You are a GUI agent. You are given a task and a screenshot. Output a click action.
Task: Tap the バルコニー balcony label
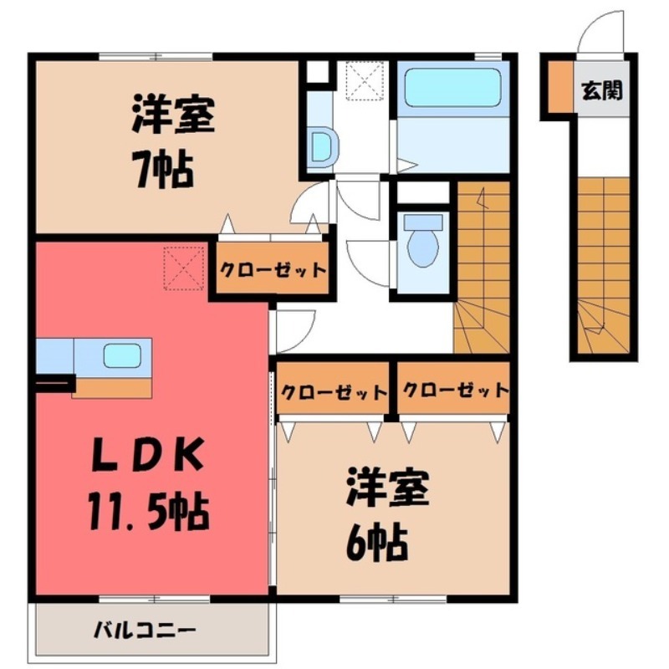tap(143, 628)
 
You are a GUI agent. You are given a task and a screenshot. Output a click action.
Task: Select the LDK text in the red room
tap(146, 457)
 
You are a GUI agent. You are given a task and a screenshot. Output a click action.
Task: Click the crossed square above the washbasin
tap(364, 80)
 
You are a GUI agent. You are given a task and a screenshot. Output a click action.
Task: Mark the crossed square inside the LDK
tap(184, 266)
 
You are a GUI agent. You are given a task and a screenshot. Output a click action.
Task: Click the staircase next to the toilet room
tap(482, 268)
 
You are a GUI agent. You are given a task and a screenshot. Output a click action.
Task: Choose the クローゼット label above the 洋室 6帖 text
tap(334, 391)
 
